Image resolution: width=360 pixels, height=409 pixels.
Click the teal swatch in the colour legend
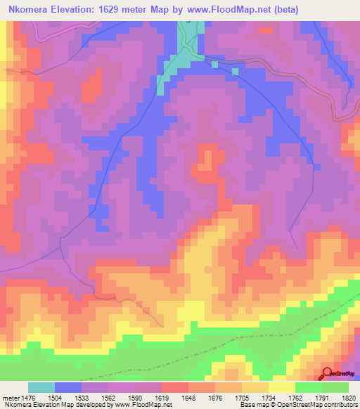(41, 387)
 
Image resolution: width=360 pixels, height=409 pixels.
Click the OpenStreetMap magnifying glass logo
(327, 373)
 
